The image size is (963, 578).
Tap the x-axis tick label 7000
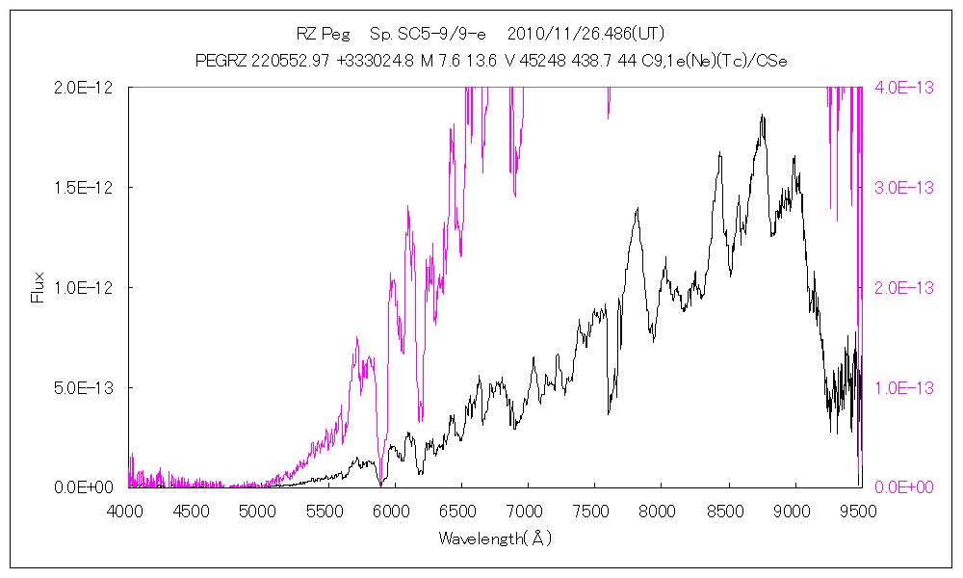[x=528, y=511]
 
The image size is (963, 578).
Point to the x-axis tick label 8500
[x=728, y=511]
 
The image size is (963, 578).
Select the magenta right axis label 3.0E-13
[x=900, y=187]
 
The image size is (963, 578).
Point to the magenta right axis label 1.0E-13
[x=900, y=387]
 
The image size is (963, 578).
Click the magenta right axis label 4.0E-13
[x=900, y=87]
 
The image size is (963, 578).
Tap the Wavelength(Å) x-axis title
[x=495, y=538]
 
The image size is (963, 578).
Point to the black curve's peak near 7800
[x=637, y=208]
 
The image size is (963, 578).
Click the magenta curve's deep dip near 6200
[x=420, y=420]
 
